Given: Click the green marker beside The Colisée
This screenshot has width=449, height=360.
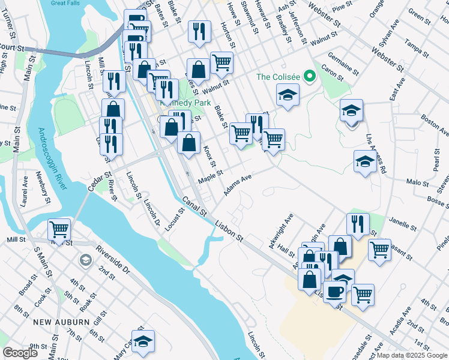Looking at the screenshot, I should click(310, 77).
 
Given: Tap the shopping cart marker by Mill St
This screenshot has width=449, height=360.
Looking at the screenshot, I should click(59, 229).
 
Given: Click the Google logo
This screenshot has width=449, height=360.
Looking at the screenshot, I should click(20, 353).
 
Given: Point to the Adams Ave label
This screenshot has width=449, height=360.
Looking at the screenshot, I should click(237, 185).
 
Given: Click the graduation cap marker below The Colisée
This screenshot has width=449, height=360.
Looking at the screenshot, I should click(288, 95).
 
